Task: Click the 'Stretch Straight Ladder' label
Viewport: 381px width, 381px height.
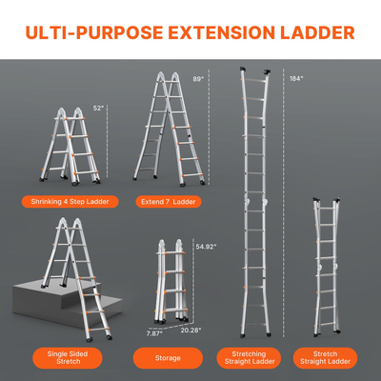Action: coord(327,359)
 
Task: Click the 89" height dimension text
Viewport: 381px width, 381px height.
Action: coord(198,79)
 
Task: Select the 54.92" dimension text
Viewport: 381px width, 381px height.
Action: coord(206,247)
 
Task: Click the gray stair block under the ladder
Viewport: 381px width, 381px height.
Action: coord(48,310)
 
